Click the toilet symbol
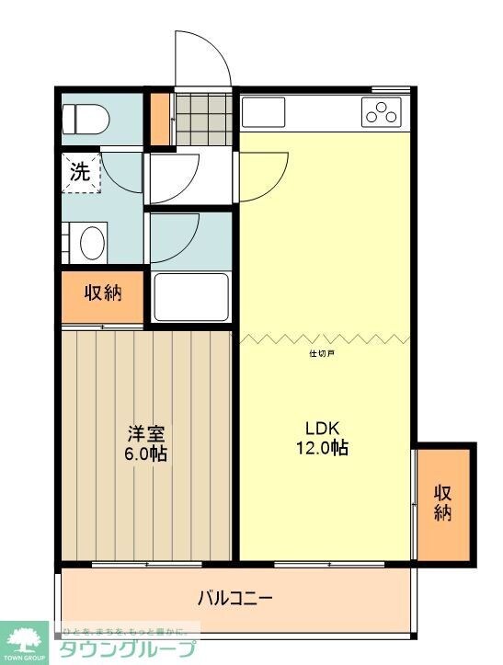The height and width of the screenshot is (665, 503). [x=86, y=118]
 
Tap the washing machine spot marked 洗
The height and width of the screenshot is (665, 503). [x=81, y=173]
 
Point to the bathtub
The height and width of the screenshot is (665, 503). [x=190, y=296]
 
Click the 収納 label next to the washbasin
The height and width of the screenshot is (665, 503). [x=103, y=294]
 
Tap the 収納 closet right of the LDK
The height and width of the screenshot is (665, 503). [x=444, y=502]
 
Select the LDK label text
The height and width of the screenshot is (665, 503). [x=323, y=428]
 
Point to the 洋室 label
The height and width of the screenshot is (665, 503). [x=145, y=433]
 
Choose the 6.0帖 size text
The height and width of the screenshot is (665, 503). [x=147, y=453]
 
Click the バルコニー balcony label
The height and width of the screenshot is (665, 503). [x=234, y=599]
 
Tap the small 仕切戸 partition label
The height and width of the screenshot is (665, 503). [x=321, y=352]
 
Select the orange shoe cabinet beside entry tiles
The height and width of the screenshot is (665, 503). [x=161, y=120]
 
